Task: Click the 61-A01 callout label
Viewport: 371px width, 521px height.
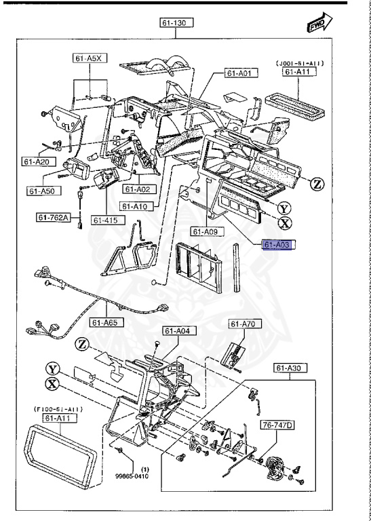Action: [x=239, y=73]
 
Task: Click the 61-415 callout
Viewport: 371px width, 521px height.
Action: [x=106, y=220]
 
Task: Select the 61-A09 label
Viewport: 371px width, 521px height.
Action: [x=203, y=231]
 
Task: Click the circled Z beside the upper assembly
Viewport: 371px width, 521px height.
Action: [x=317, y=184]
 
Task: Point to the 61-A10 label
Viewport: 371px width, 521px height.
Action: [x=136, y=206]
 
